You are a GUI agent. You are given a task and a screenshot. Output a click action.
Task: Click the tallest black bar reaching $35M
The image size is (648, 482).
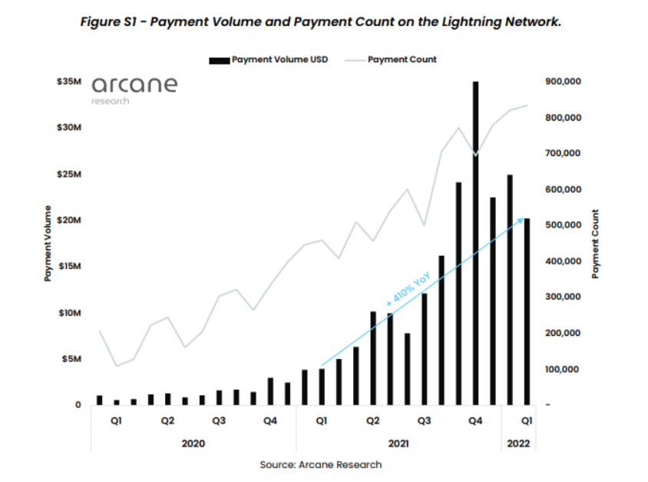click(x=475, y=242)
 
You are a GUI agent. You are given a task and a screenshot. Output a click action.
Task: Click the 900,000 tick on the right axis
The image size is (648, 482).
click(x=562, y=81)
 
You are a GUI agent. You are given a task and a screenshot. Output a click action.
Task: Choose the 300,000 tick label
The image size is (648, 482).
click(x=562, y=297)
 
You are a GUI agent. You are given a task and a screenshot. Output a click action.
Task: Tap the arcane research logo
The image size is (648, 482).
click(x=134, y=88)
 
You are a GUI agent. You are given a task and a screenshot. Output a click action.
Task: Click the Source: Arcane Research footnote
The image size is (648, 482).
click(x=321, y=464)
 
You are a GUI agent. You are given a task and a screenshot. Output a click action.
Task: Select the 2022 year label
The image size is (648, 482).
click(x=516, y=444)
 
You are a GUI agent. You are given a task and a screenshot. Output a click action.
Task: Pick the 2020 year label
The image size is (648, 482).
click(x=193, y=444)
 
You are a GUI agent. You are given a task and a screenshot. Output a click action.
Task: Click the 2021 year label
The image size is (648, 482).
click(x=398, y=444)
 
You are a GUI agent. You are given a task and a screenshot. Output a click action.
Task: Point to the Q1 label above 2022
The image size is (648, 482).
click(x=526, y=421)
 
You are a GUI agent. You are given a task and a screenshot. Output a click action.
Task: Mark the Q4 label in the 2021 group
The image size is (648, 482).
click(x=475, y=421)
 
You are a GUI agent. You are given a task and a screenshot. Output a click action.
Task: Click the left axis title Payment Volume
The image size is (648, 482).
click(x=48, y=243)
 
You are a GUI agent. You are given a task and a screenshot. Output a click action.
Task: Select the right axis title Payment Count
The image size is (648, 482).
click(x=596, y=243)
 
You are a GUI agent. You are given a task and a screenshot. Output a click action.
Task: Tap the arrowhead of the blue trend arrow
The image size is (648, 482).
click(x=522, y=220)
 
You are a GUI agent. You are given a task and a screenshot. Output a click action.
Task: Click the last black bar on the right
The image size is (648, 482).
click(x=527, y=311)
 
